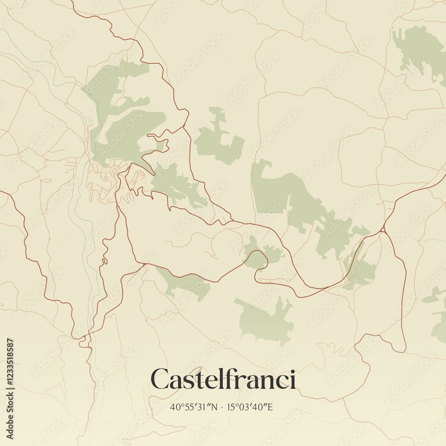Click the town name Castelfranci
coord(223,380)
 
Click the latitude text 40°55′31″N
coord(194,407)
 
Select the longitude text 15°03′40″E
coord(250,407)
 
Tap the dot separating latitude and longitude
coord(222,407)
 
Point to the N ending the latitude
coord(214,407)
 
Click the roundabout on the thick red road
coord(383,230)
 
